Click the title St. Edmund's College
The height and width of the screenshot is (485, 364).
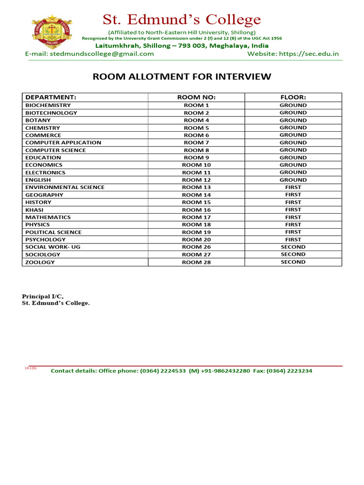(182, 19)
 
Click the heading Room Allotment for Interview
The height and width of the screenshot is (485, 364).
(182, 77)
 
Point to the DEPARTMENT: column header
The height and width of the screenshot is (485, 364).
(51, 97)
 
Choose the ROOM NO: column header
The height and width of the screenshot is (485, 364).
(196, 97)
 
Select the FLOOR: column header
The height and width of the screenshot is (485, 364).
(293, 97)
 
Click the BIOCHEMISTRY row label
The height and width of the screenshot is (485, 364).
(48, 105)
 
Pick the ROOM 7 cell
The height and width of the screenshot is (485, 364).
(196, 143)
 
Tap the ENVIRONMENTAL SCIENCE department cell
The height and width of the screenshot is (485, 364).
(65, 187)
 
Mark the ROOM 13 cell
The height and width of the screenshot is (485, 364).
(196, 187)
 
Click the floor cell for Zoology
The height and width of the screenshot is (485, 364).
(293, 262)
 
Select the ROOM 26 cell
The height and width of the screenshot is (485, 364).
(196, 247)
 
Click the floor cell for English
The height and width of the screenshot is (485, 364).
(293, 180)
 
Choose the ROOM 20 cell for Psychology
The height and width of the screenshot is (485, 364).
(196, 240)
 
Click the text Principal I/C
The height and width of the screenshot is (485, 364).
(43, 296)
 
